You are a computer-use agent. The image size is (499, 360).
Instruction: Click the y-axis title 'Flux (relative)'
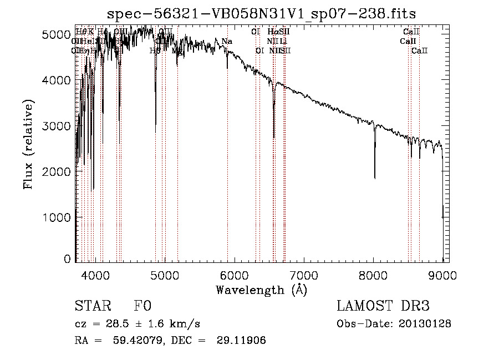pos(28,145)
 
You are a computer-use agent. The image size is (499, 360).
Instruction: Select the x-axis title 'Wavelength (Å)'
pos(261,290)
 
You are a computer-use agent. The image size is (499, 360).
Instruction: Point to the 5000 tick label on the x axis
pos(164,275)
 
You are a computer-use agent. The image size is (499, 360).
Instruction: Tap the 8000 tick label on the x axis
pos(373,275)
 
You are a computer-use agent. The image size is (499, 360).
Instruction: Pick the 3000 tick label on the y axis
pos(56,126)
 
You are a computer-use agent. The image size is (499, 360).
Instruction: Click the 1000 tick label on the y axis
pos(56,217)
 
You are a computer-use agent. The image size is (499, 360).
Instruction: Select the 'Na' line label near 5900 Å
pos(227,42)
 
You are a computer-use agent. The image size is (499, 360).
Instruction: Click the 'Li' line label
pos(283,42)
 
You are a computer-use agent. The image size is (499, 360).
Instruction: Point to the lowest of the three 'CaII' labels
pos(420,50)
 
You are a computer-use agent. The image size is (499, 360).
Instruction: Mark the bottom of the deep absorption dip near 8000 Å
pos(375,178)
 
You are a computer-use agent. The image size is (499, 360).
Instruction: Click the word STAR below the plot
pos(91,307)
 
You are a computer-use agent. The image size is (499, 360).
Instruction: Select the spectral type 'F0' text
pos(142,307)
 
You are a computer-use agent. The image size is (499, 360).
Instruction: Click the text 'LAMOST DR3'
pos(383,307)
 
